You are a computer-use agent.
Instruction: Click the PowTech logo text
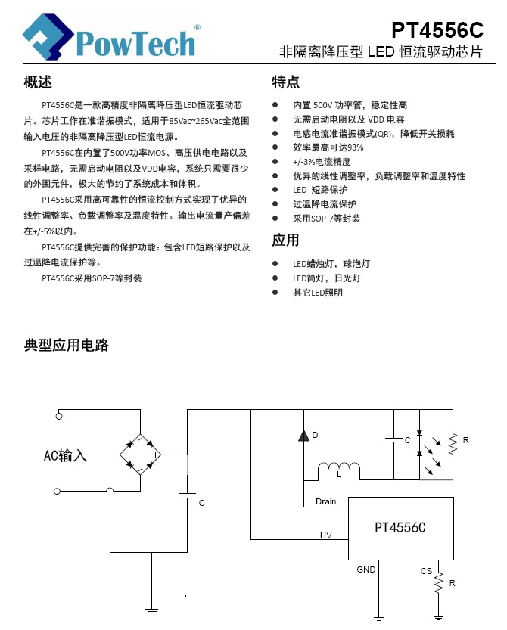(135, 43)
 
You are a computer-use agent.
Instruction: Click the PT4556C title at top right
(437, 30)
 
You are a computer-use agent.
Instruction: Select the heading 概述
(38, 82)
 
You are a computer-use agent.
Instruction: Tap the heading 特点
(285, 82)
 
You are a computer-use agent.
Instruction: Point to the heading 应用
(285, 240)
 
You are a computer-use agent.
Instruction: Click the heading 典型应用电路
(67, 345)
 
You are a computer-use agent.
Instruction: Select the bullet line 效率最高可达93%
(328, 147)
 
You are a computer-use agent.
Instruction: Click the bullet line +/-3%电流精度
(322, 162)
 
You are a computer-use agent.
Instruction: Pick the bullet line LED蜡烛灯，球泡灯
(331, 263)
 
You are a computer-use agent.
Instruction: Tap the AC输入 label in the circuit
(65, 455)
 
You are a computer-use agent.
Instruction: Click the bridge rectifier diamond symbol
(140, 455)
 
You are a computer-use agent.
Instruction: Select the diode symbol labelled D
(303, 435)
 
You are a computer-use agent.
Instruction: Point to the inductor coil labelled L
(339, 470)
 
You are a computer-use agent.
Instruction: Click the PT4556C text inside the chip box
(400, 528)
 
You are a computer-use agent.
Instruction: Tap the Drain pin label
(325, 501)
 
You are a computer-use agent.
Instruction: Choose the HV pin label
(325, 535)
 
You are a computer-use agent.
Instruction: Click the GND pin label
(366, 569)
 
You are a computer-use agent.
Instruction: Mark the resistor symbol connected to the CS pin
(439, 582)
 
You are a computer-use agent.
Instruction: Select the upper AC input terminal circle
(59, 416)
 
